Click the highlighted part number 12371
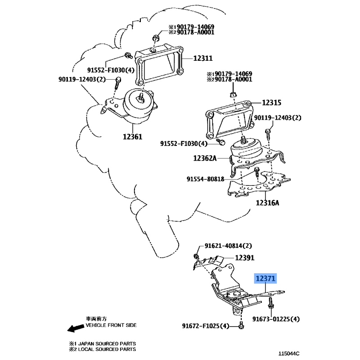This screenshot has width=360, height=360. (x=265, y=279)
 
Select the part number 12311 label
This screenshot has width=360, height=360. (x=203, y=58)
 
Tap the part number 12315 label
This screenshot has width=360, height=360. (x=271, y=103)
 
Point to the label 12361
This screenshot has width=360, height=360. (x=132, y=137)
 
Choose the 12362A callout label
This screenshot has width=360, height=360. (x=205, y=158)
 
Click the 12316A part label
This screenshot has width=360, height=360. (x=267, y=203)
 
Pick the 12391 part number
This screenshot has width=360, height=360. (x=245, y=258)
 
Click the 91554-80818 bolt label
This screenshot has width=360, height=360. (x=205, y=179)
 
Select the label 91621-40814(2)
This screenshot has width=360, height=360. (x=228, y=246)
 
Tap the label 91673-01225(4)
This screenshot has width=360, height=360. (x=276, y=319)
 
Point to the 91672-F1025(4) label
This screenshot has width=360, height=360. (x=206, y=326)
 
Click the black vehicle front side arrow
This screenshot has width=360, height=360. (x=76, y=328)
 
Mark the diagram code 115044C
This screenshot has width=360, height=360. (x=289, y=354)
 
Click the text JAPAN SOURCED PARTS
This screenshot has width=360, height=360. (x=107, y=344)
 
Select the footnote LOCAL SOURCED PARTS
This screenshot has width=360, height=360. (x=107, y=349)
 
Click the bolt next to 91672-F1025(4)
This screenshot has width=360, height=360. (x=241, y=325)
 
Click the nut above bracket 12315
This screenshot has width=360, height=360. (x=233, y=94)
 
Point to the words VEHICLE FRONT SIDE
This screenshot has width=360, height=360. (x=111, y=325)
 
